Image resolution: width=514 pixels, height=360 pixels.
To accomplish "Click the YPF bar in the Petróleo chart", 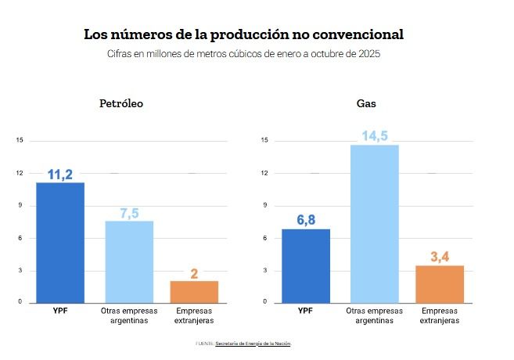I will click(x=60, y=243).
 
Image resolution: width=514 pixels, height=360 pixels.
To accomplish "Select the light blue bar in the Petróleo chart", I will click(x=129, y=262).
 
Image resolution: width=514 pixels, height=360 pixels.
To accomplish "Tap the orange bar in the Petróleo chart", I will click(x=194, y=291).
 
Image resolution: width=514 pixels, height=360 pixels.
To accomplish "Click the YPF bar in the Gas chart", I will click(x=306, y=265).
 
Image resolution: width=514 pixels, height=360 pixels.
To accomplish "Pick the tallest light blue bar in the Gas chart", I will click(x=374, y=223).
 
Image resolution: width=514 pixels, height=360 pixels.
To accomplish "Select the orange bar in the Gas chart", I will click(x=439, y=283).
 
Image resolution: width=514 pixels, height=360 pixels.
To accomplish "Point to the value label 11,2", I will click(x=60, y=175).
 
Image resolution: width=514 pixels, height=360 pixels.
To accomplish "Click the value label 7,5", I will click(x=129, y=214).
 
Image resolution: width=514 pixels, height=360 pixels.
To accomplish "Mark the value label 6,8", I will click(x=306, y=220).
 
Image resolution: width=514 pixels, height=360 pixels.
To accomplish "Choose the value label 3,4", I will click(x=439, y=257).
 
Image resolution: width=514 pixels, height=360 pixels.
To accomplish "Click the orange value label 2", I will click(x=194, y=273).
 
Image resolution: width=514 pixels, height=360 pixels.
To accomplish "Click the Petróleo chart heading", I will click(x=120, y=103).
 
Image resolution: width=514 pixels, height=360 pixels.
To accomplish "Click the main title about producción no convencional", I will click(x=244, y=35).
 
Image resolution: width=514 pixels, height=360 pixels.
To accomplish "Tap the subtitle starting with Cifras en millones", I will click(x=244, y=54).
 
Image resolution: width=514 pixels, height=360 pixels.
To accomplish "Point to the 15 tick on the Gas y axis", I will click(x=265, y=141).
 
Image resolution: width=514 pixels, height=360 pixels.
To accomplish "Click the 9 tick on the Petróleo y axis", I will click(x=20, y=206).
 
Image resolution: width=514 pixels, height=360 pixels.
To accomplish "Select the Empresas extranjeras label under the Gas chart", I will click(x=439, y=315).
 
